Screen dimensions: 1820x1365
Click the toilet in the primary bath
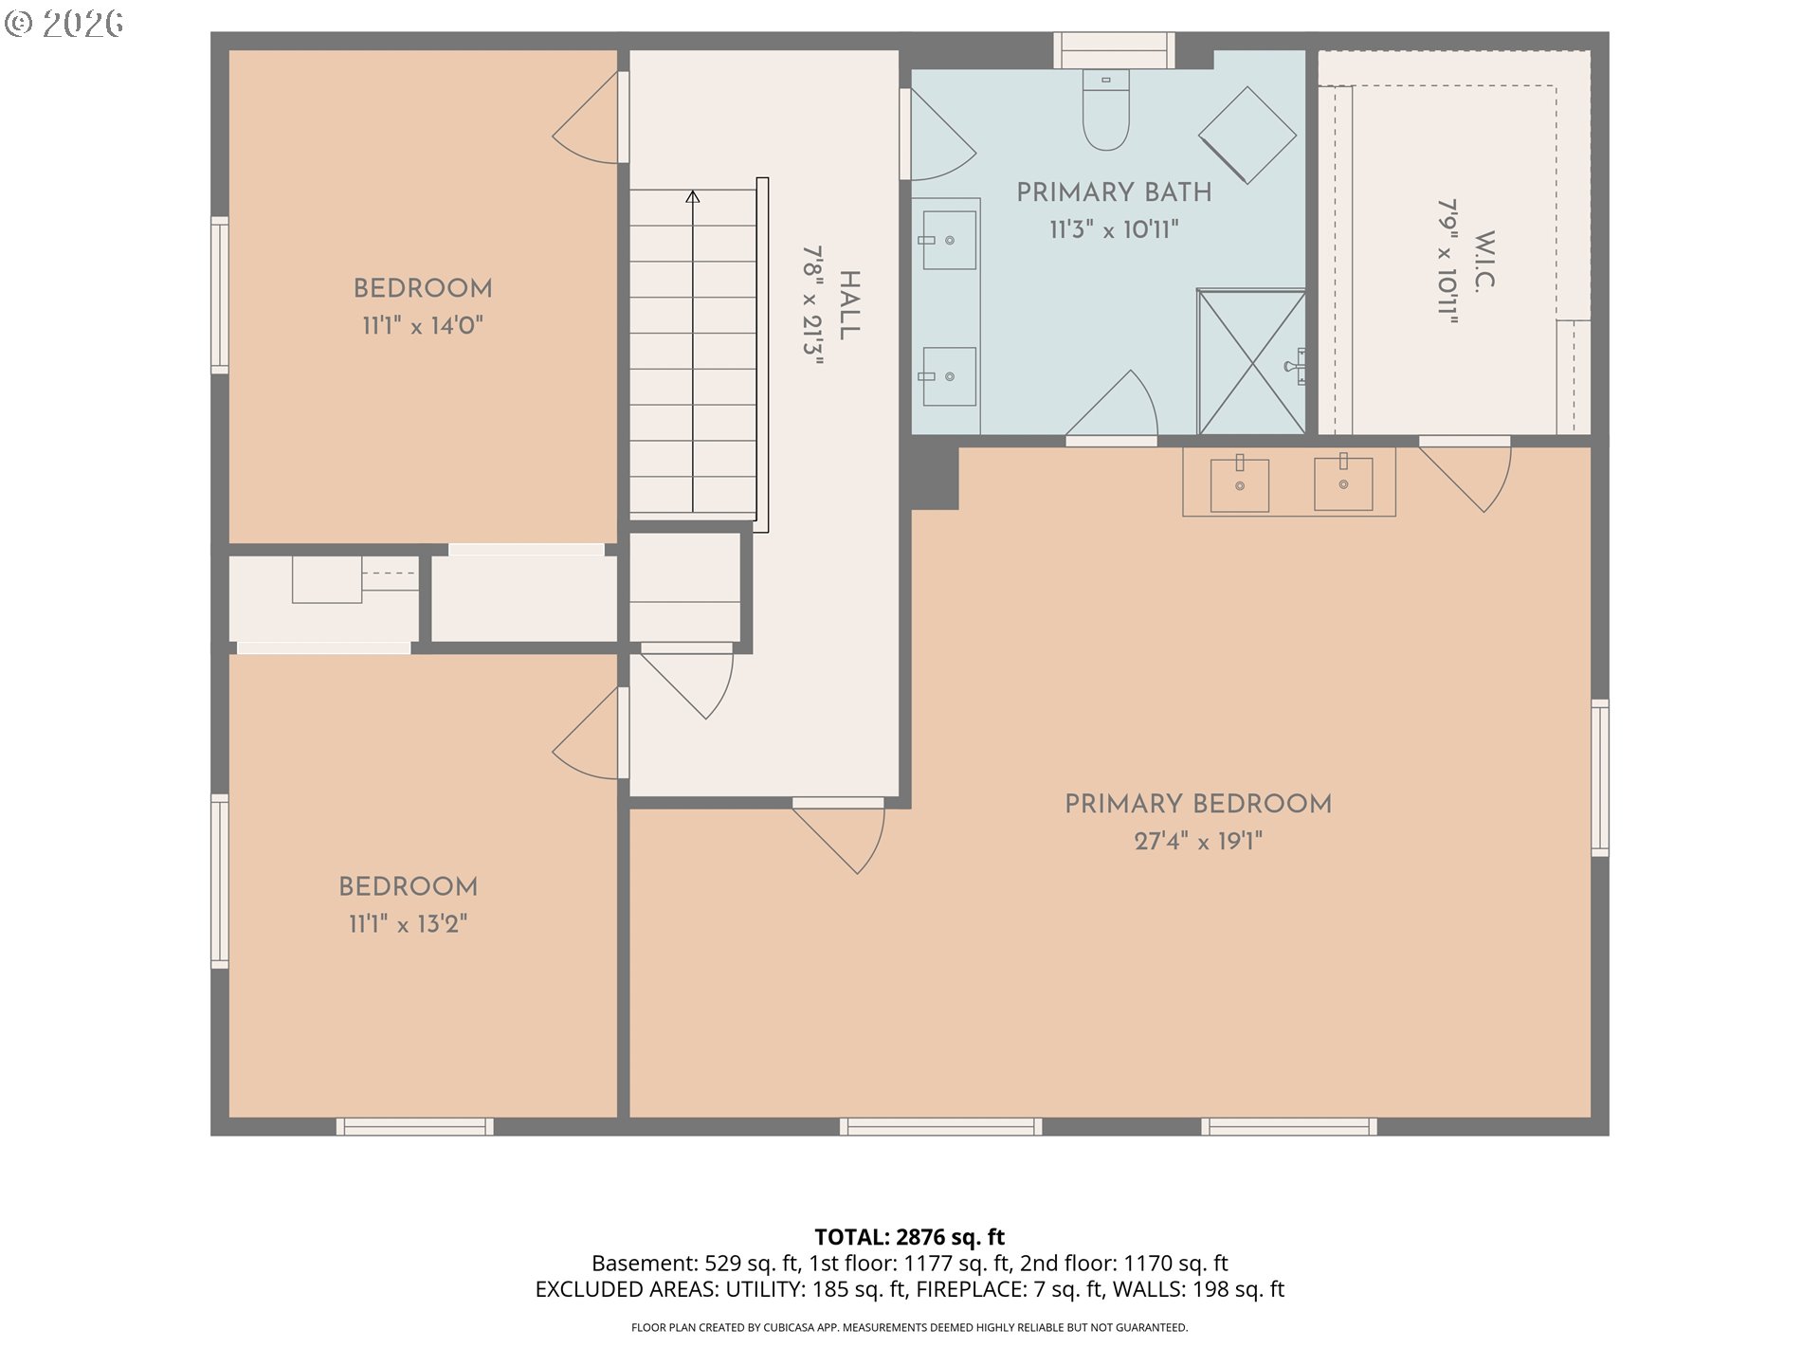pyautogui.click(x=1105, y=109)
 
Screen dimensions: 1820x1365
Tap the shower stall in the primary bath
pyautogui.click(x=1252, y=362)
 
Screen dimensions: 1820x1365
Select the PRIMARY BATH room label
pyautogui.click(x=1114, y=192)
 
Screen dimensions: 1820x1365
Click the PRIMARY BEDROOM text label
pyautogui.click(x=1198, y=804)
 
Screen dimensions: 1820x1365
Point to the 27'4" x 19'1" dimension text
pyautogui.click(x=1198, y=841)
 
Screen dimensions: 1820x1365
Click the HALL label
pyautogui.click(x=849, y=304)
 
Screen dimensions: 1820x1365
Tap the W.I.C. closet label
pyautogui.click(x=1484, y=261)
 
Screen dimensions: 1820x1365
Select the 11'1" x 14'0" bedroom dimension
pyautogui.click(x=423, y=326)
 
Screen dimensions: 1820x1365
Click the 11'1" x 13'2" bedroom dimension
pyautogui.click(x=409, y=924)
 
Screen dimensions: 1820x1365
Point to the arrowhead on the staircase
pyautogui.click(x=693, y=196)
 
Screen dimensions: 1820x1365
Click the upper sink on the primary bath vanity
pyautogui.click(x=949, y=240)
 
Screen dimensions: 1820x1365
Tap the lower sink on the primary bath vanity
pyautogui.click(x=949, y=376)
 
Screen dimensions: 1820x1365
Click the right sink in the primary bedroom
pyautogui.click(x=1343, y=483)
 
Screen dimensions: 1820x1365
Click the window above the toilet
pyautogui.click(x=1115, y=50)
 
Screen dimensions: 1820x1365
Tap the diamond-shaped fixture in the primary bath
pyautogui.click(x=1247, y=136)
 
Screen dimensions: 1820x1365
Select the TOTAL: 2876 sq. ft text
pyautogui.click(x=910, y=1237)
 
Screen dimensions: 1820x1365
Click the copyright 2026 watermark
pyautogui.click(x=64, y=24)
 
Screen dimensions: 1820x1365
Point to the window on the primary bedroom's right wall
pyautogui.click(x=1600, y=778)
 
